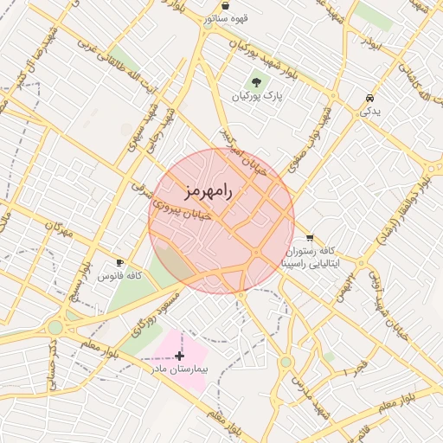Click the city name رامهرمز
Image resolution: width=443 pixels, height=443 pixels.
209,191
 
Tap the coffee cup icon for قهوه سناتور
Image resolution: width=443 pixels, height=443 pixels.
225,5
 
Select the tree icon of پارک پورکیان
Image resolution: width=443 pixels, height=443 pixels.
257,81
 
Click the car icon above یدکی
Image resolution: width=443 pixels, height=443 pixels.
369,99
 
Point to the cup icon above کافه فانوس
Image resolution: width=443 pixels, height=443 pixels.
119,261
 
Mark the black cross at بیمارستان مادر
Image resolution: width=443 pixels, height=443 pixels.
179,356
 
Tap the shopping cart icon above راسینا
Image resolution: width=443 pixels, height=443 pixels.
310,238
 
